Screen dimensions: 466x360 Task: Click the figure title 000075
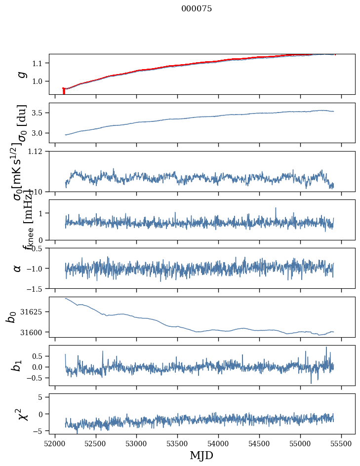197,9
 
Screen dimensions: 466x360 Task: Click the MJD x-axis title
201,455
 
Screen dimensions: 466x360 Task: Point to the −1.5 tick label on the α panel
36,288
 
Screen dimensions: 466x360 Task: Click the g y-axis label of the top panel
20,74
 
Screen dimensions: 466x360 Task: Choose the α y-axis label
18,268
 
